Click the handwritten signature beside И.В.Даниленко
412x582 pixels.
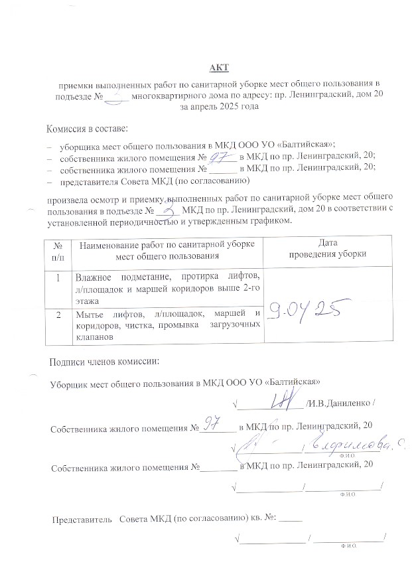(x=286, y=400)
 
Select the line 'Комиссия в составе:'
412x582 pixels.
(x=87, y=128)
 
